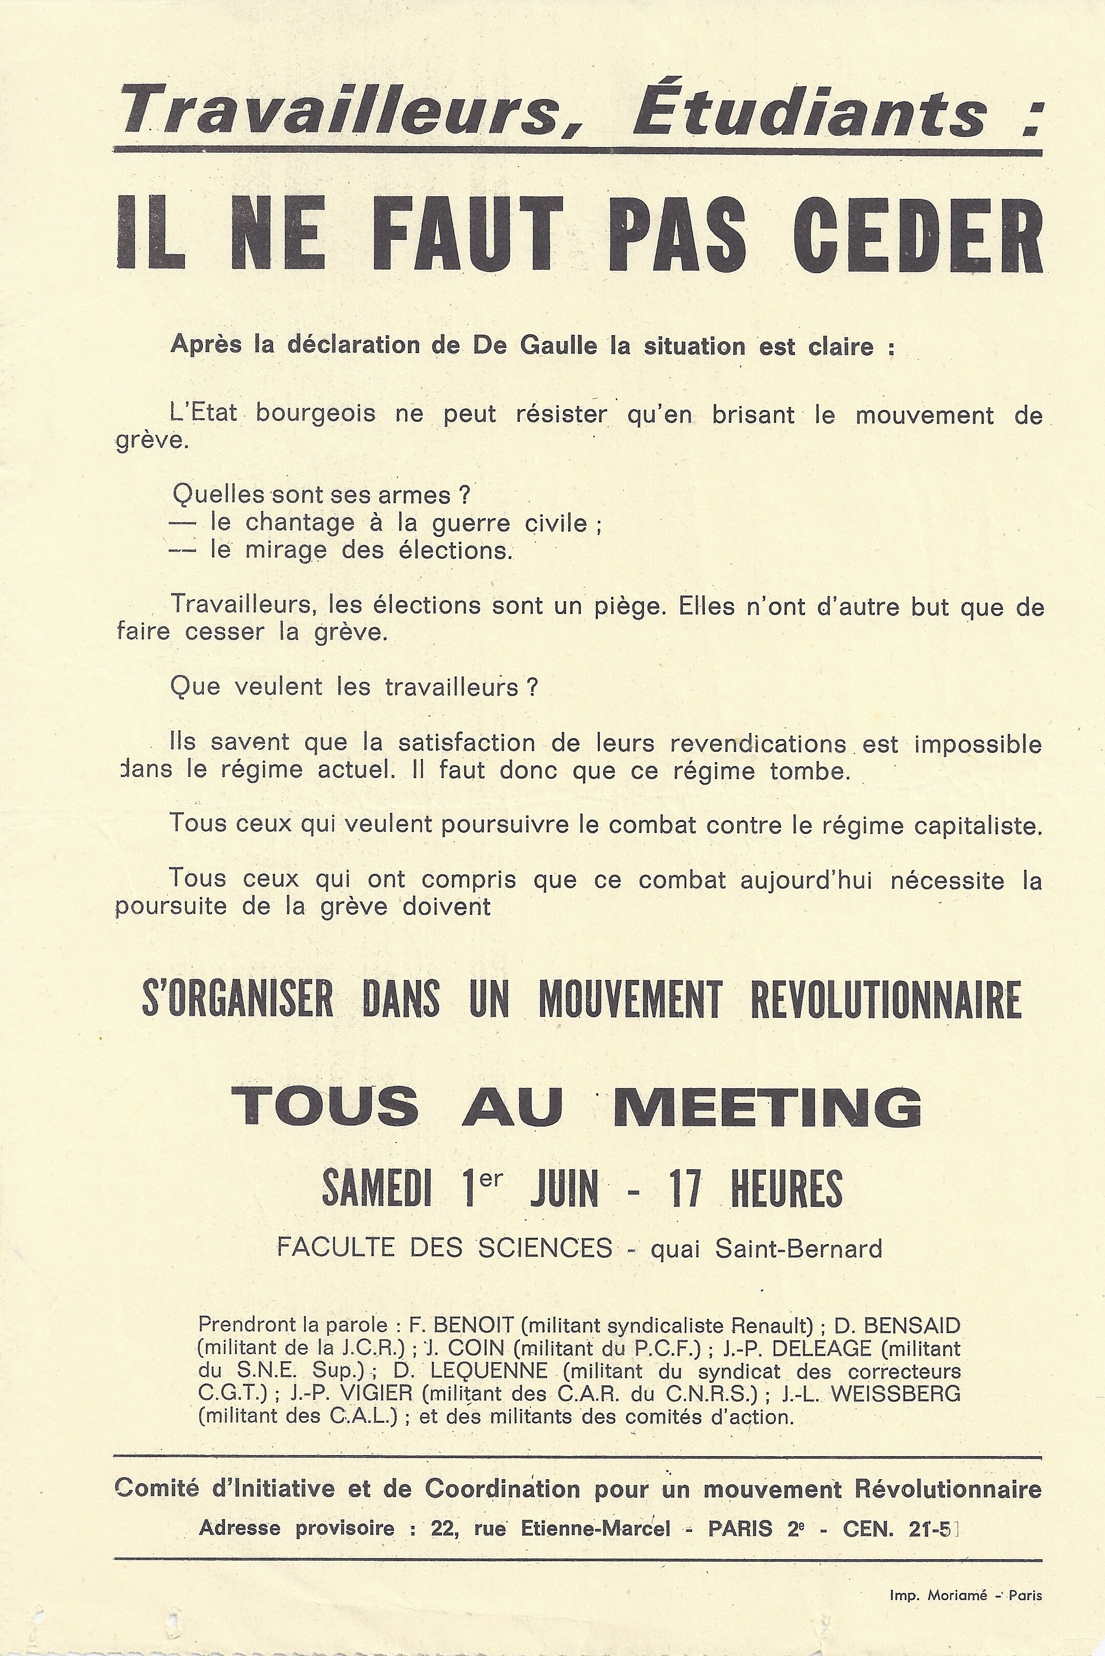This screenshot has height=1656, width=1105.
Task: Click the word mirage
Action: (285, 550)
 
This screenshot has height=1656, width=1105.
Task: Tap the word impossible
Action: (977, 745)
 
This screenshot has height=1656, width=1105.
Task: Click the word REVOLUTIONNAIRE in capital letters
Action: (886, 999)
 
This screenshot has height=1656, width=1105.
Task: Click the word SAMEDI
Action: (377, 1188)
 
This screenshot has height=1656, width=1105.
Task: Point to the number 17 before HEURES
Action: (685, 1188)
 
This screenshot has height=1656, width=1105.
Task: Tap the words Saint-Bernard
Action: (799, 1249)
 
